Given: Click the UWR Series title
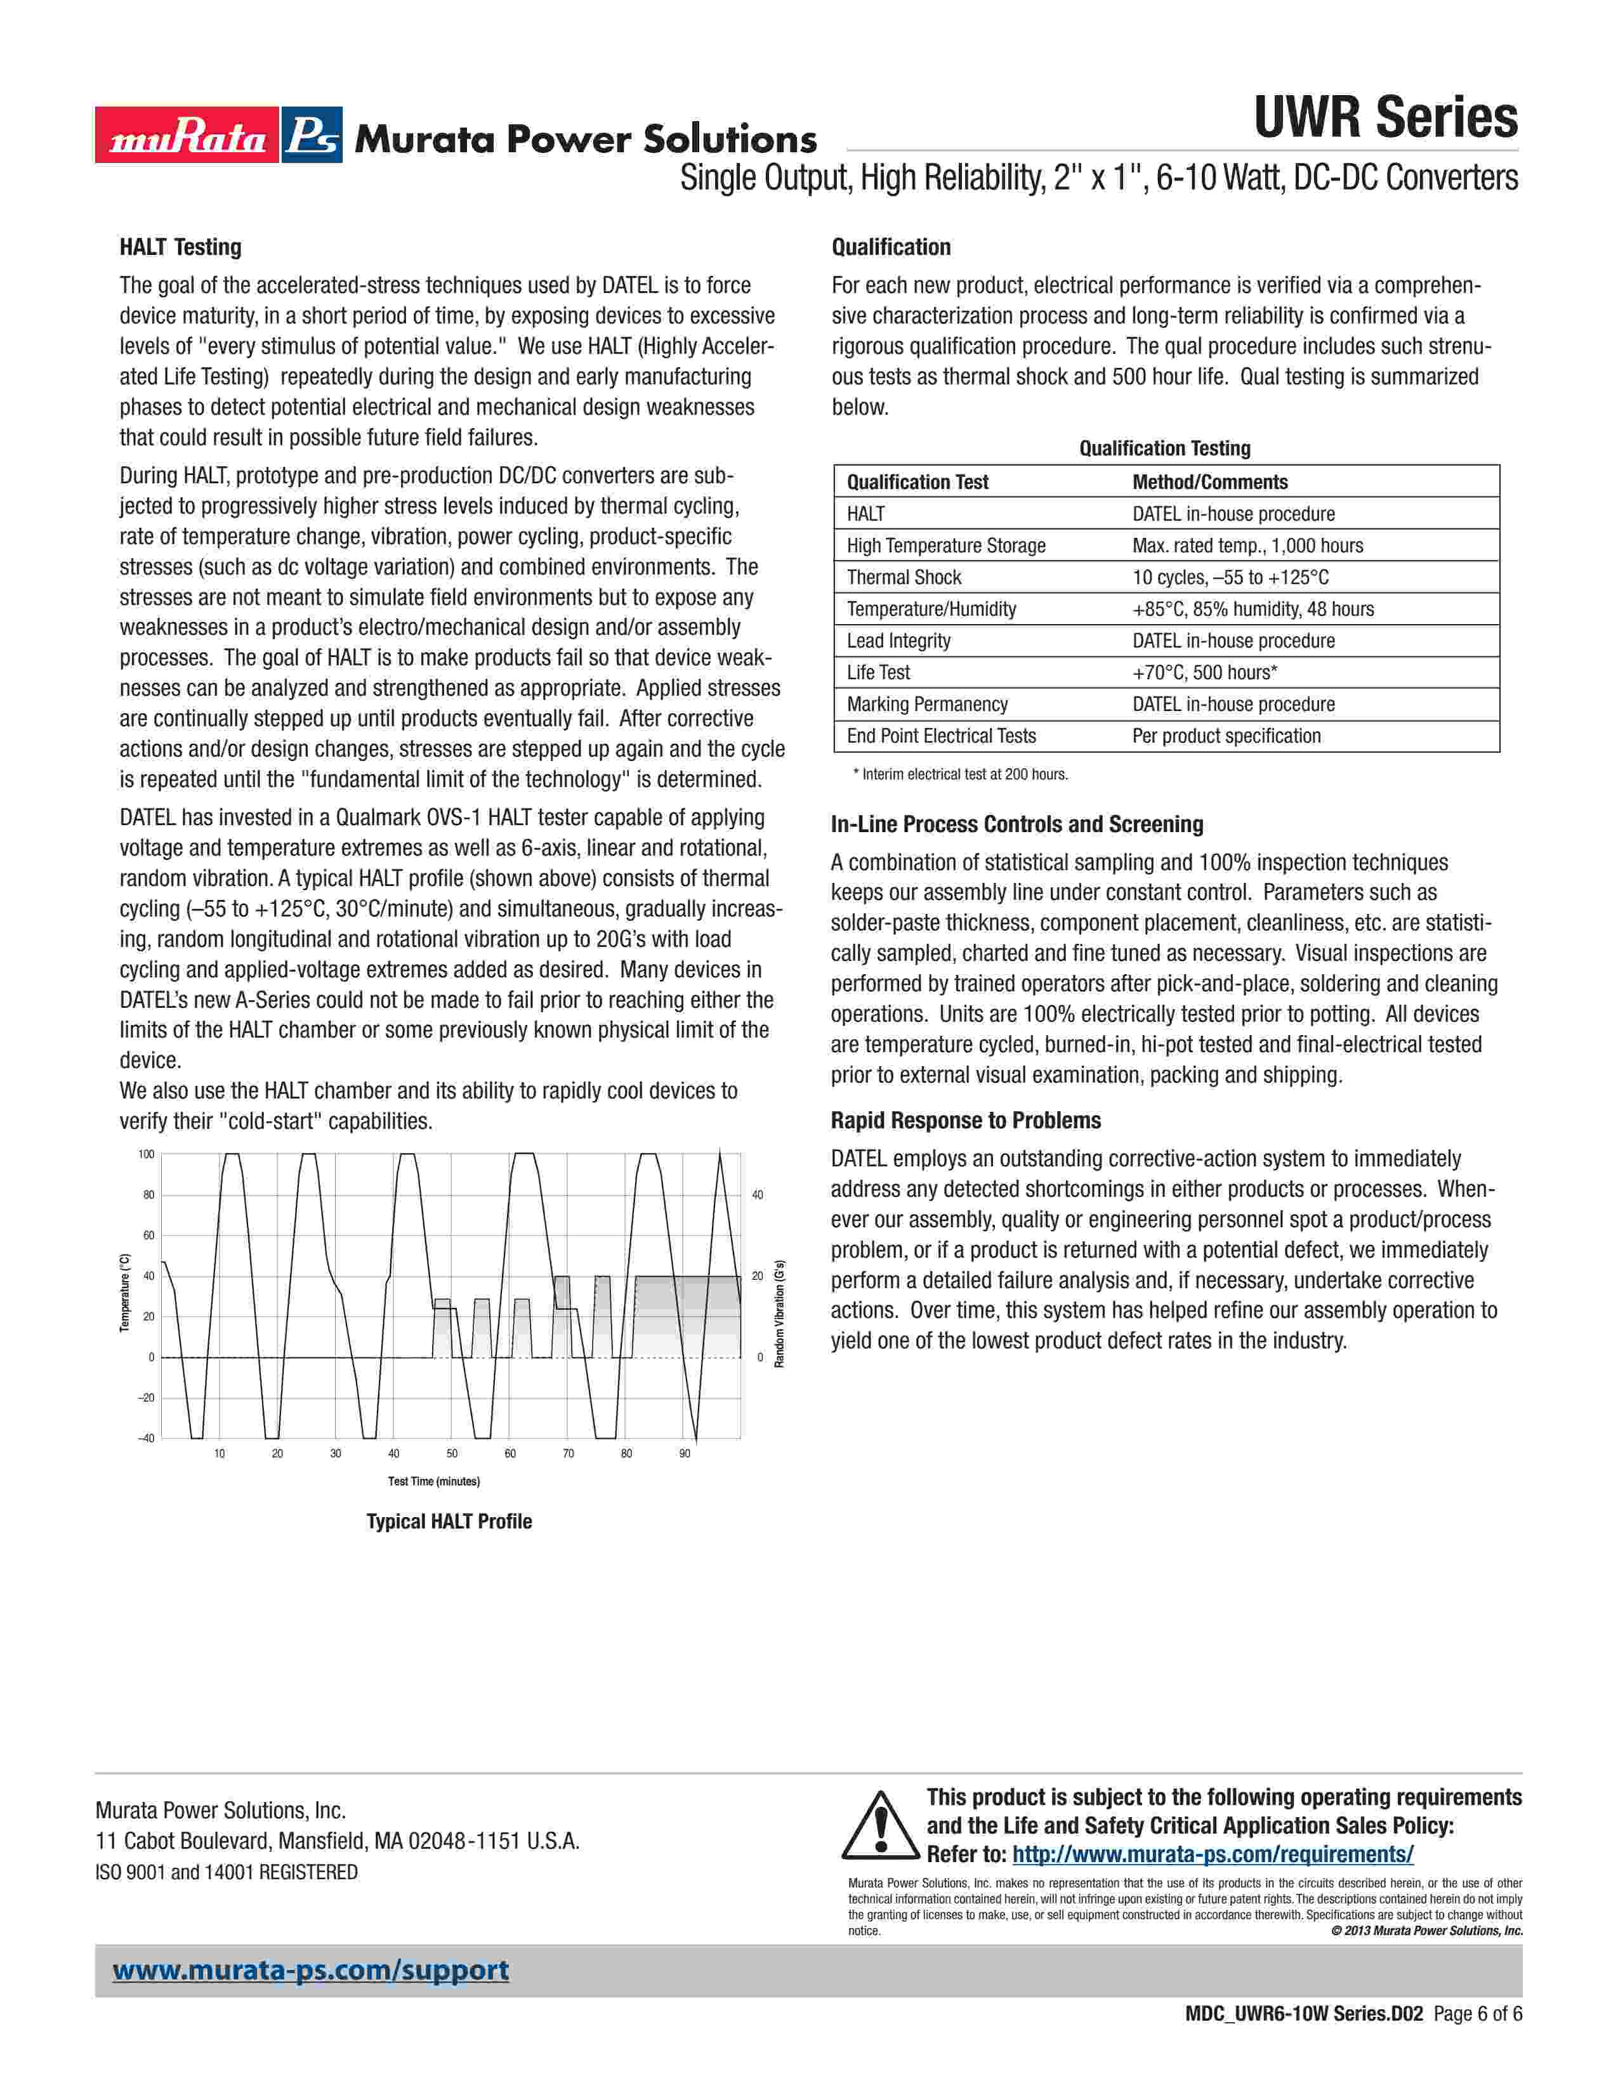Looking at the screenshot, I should pos(1385,119).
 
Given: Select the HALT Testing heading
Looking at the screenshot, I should pos(180,247).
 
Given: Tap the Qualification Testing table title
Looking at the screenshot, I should pos(1164,448).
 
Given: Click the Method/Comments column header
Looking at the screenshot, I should pos(1209,482).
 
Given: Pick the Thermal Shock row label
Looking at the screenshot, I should pos(903,577).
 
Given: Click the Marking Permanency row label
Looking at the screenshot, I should pos(927,705).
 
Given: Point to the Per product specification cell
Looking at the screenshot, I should pos(1226,736).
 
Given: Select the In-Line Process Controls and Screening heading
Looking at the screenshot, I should pos(1017,824).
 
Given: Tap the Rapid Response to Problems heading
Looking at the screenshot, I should pos(965,1120).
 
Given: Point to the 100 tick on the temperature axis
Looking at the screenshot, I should pos(146,1155).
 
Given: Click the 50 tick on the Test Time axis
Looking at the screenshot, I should pos(452,1454).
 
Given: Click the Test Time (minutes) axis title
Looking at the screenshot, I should pos(433,1482).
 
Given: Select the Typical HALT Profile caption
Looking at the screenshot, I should pos(449,1522).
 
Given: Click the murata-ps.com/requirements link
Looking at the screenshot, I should pos(1213,1855).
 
